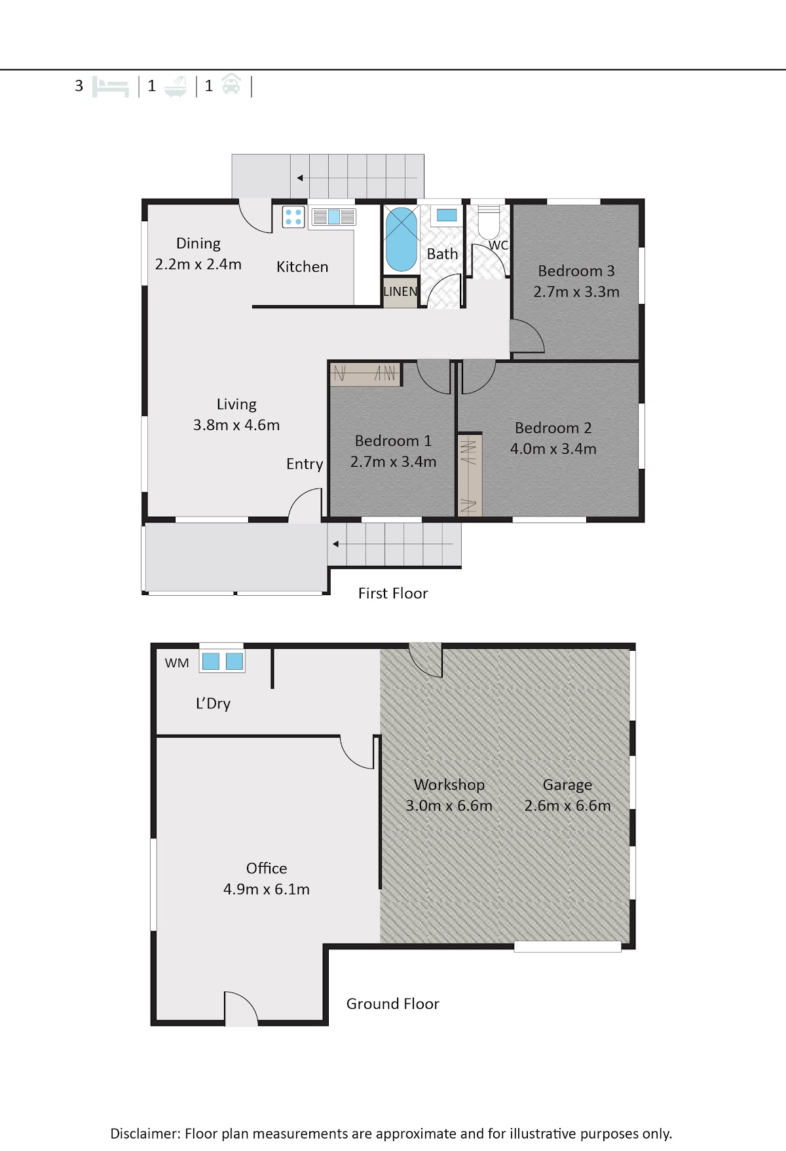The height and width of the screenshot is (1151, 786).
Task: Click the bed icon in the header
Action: [x=110, y=86]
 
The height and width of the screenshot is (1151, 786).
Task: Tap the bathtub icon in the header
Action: [x=176, y=86]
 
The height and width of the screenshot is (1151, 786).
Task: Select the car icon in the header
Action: [x=231, y=84]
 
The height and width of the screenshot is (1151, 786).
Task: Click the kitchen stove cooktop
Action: [x=293, y=217]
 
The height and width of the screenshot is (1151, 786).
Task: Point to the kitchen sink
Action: [x=333, y=216]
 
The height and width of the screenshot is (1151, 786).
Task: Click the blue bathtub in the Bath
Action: [x=401, y=239]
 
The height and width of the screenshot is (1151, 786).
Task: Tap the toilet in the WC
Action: [x=489, y=222]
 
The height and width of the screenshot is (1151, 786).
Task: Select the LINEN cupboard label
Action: [x=400, y=291]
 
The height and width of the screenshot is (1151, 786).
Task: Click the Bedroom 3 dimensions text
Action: [x=576, y=292]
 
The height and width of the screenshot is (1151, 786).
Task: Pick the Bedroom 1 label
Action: [x=393, y=441]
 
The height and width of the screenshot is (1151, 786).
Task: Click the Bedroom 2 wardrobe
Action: [x=470, y=475]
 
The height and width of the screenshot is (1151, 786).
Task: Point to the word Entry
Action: [x=305, y=464]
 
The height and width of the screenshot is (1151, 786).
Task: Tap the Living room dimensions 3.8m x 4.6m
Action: [x=236, y=425]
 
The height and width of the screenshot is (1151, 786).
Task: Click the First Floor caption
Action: [x=393, y=593]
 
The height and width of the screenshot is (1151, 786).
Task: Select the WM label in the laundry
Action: [x=177, y=663]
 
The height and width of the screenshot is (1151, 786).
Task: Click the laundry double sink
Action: [x=222, y=661]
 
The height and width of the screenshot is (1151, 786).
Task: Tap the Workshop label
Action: [x=449, y=784]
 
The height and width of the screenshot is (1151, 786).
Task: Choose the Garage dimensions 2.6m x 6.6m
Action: [x=567, y=806]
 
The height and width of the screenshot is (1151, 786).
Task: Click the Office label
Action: [x=267, y=868]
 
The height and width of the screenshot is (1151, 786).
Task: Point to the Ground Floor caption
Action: [x=393, y=1004]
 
